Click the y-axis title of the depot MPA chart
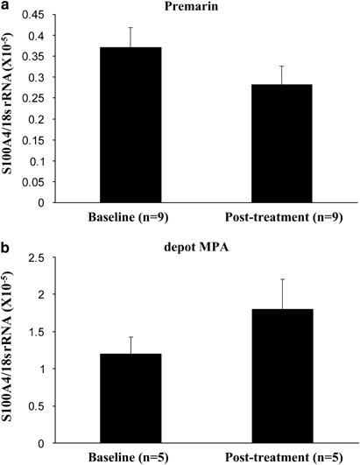[12, 350]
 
